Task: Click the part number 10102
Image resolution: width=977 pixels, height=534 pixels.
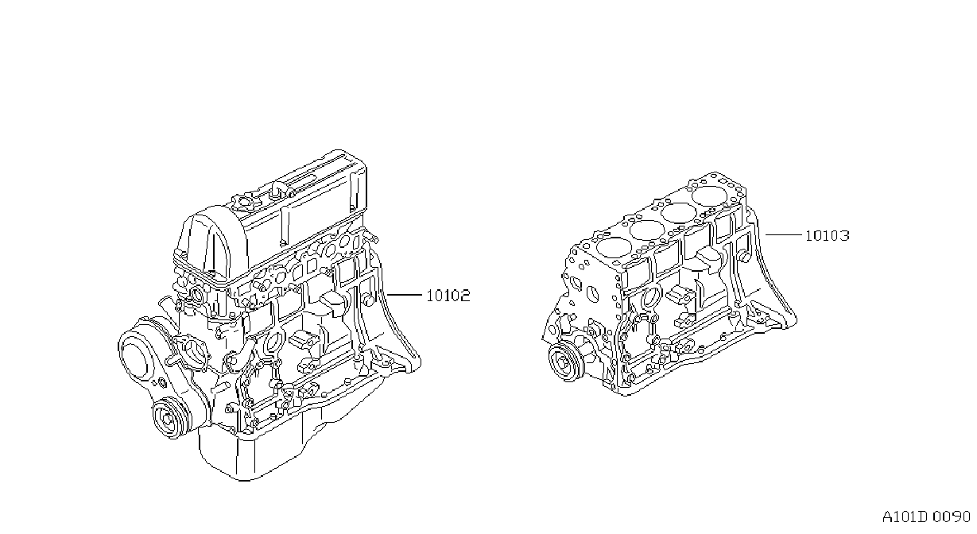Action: (x=448, y=296)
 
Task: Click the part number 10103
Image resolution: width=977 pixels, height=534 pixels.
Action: (x=827, y=236)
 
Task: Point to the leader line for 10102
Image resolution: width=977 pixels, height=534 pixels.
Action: (x=405, y=295)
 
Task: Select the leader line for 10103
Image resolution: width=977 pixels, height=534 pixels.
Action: (x=783, y=235)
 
